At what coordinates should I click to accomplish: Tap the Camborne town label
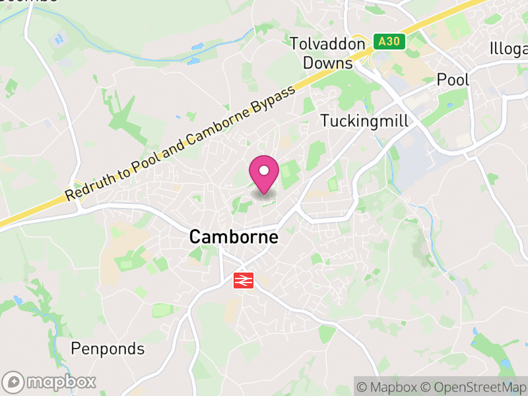(234, 237)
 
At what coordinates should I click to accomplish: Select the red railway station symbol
(243, 281)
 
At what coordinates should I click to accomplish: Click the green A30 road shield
(389, 42)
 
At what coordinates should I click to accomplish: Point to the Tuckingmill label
(364, 121)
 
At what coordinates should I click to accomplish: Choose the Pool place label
(453, 80)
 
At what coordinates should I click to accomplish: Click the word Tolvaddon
(327, 44)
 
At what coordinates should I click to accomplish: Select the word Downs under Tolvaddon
(328, 63)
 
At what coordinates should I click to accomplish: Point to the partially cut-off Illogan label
(509, 49)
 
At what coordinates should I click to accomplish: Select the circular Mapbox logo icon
(14, 381)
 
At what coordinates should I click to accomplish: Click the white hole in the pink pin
(264, 170)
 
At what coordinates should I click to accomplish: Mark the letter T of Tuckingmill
(325, 121)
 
